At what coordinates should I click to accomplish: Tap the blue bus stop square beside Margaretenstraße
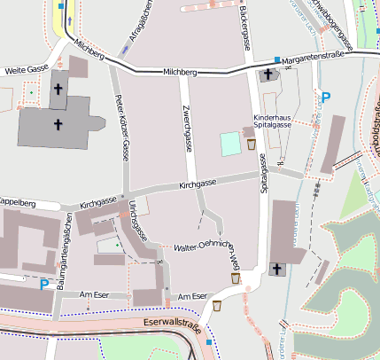[x=276, y=60]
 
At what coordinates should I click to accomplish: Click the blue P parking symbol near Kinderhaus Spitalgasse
[x=325, y=98]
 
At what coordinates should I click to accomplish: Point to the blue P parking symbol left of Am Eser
[x=44, y=285]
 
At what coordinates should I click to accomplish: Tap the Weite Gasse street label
[x=25, y=68]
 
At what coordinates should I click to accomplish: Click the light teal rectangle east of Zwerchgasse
[x=230, y=142]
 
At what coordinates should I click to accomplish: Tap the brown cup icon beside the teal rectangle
[x=252, y=144]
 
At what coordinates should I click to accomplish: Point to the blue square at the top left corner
[x=60, y=5]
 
